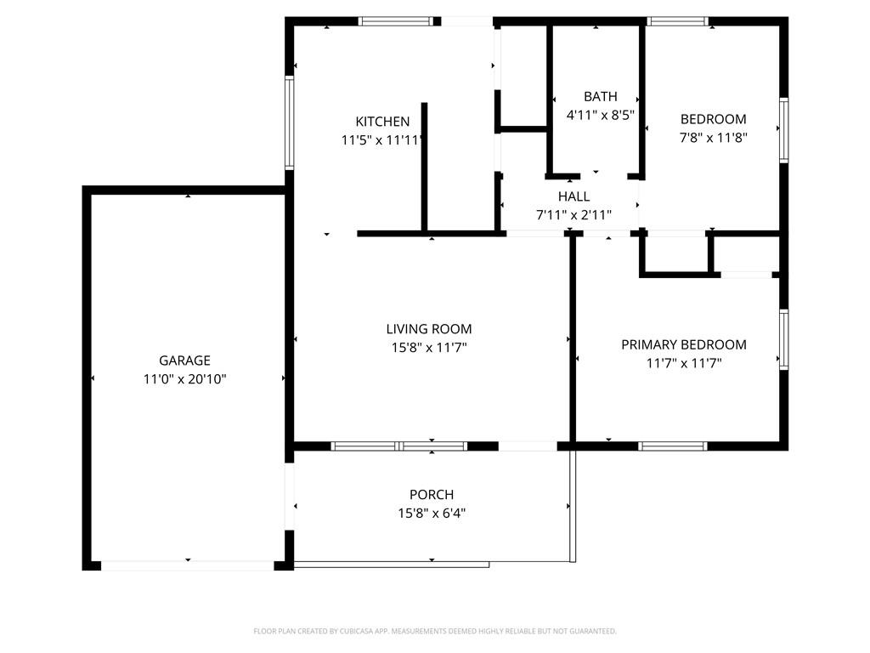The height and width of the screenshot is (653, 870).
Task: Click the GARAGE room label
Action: coord(184,361)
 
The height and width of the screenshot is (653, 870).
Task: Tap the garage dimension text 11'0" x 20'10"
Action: coord(184,379)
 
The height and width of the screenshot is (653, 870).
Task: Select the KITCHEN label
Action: coord(382,122)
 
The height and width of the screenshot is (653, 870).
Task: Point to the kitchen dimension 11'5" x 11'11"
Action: coord(382,140)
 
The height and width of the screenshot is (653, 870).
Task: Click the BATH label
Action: coord(601,96)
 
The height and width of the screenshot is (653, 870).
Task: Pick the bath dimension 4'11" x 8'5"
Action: coord(601,115)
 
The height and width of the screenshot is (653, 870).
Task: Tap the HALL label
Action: coord(573,196)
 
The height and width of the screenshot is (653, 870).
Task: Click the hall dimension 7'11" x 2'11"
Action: coord(573,215)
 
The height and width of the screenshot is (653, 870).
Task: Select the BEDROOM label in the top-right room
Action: coord(713,119)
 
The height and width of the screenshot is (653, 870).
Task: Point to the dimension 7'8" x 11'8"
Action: coord(713,137)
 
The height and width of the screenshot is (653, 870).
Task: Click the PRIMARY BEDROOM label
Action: coord(684,344)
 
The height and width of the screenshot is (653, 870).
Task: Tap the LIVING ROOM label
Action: coord(429,329)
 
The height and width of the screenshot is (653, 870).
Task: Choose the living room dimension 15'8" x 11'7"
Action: coord(429,347)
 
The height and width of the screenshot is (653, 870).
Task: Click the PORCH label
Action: coord(432,494)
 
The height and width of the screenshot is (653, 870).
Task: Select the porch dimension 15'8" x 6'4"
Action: coord(432,513)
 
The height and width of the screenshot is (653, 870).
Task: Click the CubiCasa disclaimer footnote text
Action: coord(435,631)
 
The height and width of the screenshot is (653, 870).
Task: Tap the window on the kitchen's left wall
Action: coord(290,123)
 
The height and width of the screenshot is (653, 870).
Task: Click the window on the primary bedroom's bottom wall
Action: coord(673,446)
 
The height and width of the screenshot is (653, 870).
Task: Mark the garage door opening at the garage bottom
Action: coord(188,565)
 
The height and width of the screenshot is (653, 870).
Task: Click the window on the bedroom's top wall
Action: coord(677,21)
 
